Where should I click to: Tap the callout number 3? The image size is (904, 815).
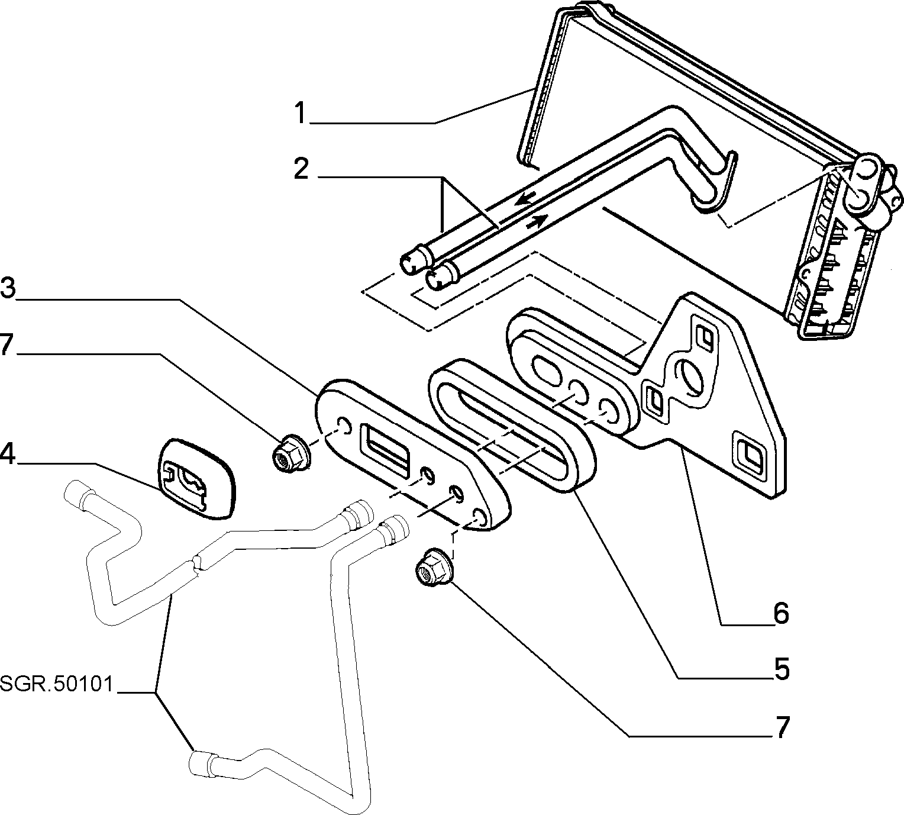[8, 289]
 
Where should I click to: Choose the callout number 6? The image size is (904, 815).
[781, 613]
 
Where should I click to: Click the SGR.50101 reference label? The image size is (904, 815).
[56, 684]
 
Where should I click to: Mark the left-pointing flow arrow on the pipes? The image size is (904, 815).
[526, 198]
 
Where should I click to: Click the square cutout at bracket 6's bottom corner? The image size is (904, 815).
[751, 454]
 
